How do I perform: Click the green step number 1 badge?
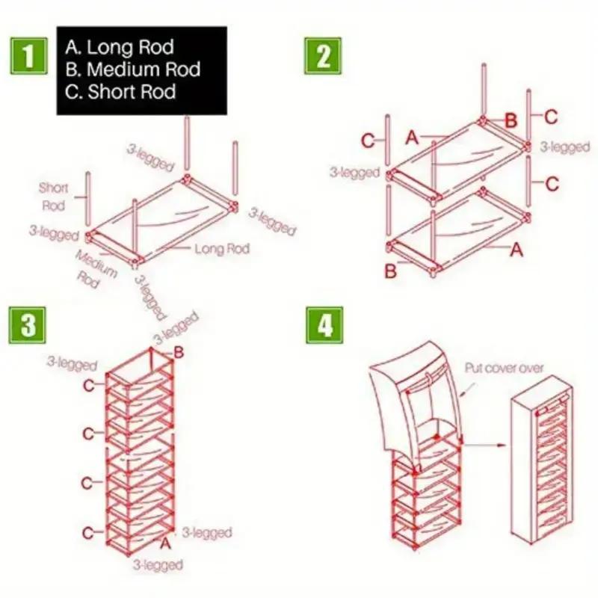click(28, 56)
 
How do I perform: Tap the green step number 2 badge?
click(323, 56)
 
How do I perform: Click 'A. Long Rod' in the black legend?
click(120, 48)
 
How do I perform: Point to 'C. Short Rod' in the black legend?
click(120, 93)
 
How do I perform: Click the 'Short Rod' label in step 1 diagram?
click(53, 197)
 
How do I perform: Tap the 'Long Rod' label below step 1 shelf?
click(221, 248)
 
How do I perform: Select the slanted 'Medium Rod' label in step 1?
click(96, 268)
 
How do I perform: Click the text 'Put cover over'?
click(505, 368)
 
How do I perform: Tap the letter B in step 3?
click(179, 352)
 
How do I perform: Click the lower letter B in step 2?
click(390, 271)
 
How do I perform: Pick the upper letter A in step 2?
click(412, 137)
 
